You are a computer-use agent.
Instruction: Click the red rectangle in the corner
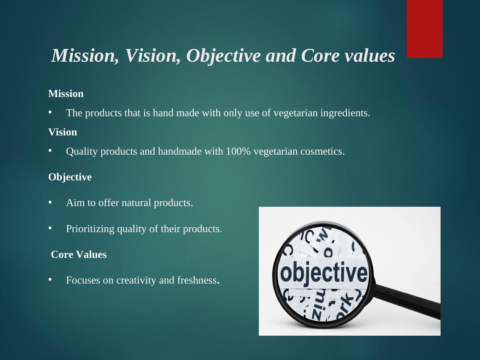424,29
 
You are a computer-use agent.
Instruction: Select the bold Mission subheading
66,94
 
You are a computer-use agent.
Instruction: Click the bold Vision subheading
63,132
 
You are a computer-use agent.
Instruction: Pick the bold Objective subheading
70,177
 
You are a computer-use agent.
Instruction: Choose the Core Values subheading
79,255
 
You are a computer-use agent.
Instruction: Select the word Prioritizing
90,229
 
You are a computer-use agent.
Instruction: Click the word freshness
197,280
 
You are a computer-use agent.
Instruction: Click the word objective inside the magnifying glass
324,273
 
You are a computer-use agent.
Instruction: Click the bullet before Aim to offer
50,203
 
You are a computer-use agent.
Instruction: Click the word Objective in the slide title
223,56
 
